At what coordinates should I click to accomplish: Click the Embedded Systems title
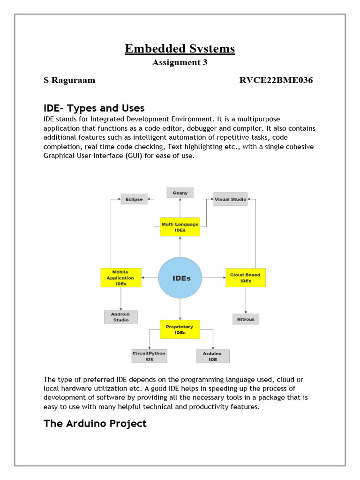(180, 49)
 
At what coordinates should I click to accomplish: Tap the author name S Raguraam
(69, 80)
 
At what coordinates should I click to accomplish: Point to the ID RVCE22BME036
(276, 80)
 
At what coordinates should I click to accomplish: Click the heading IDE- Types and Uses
(94, 109)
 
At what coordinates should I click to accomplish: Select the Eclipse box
(134, 199)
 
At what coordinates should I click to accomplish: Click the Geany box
(180, 193)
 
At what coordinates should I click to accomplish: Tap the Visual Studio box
(230, 199)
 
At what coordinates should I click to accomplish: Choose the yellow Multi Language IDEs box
(180, 227)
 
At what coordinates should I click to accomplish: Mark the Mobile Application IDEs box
(120, 277)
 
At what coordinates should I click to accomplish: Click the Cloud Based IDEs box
(246, 277)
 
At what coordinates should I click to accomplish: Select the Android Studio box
(120, 317)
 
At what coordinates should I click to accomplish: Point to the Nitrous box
(246, 319)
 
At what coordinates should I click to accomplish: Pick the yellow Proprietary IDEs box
(180, 329)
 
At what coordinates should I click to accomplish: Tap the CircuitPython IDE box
(150, 356)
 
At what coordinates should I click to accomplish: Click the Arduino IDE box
(213, 356)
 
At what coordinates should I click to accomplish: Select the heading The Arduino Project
(95, 424)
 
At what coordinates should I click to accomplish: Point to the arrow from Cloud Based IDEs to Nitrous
(246, 300)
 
